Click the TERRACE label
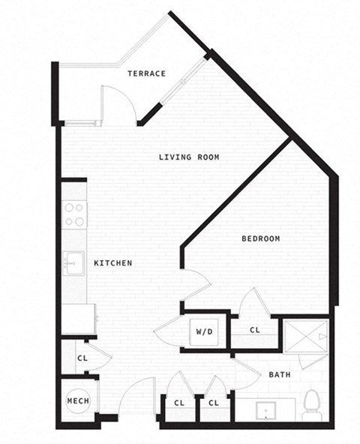(146, 73)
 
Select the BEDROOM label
(260, 238)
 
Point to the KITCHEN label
(113, 263)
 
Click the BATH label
(280, 374)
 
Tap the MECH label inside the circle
(78, 401)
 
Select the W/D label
(205, 330)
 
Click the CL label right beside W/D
(255, 330)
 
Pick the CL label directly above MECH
(82, 358)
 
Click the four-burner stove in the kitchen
(74, 214)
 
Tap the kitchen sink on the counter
(74, 264)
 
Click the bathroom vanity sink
(265, 411)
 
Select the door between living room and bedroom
(196, 285)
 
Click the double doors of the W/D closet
(169, 331)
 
